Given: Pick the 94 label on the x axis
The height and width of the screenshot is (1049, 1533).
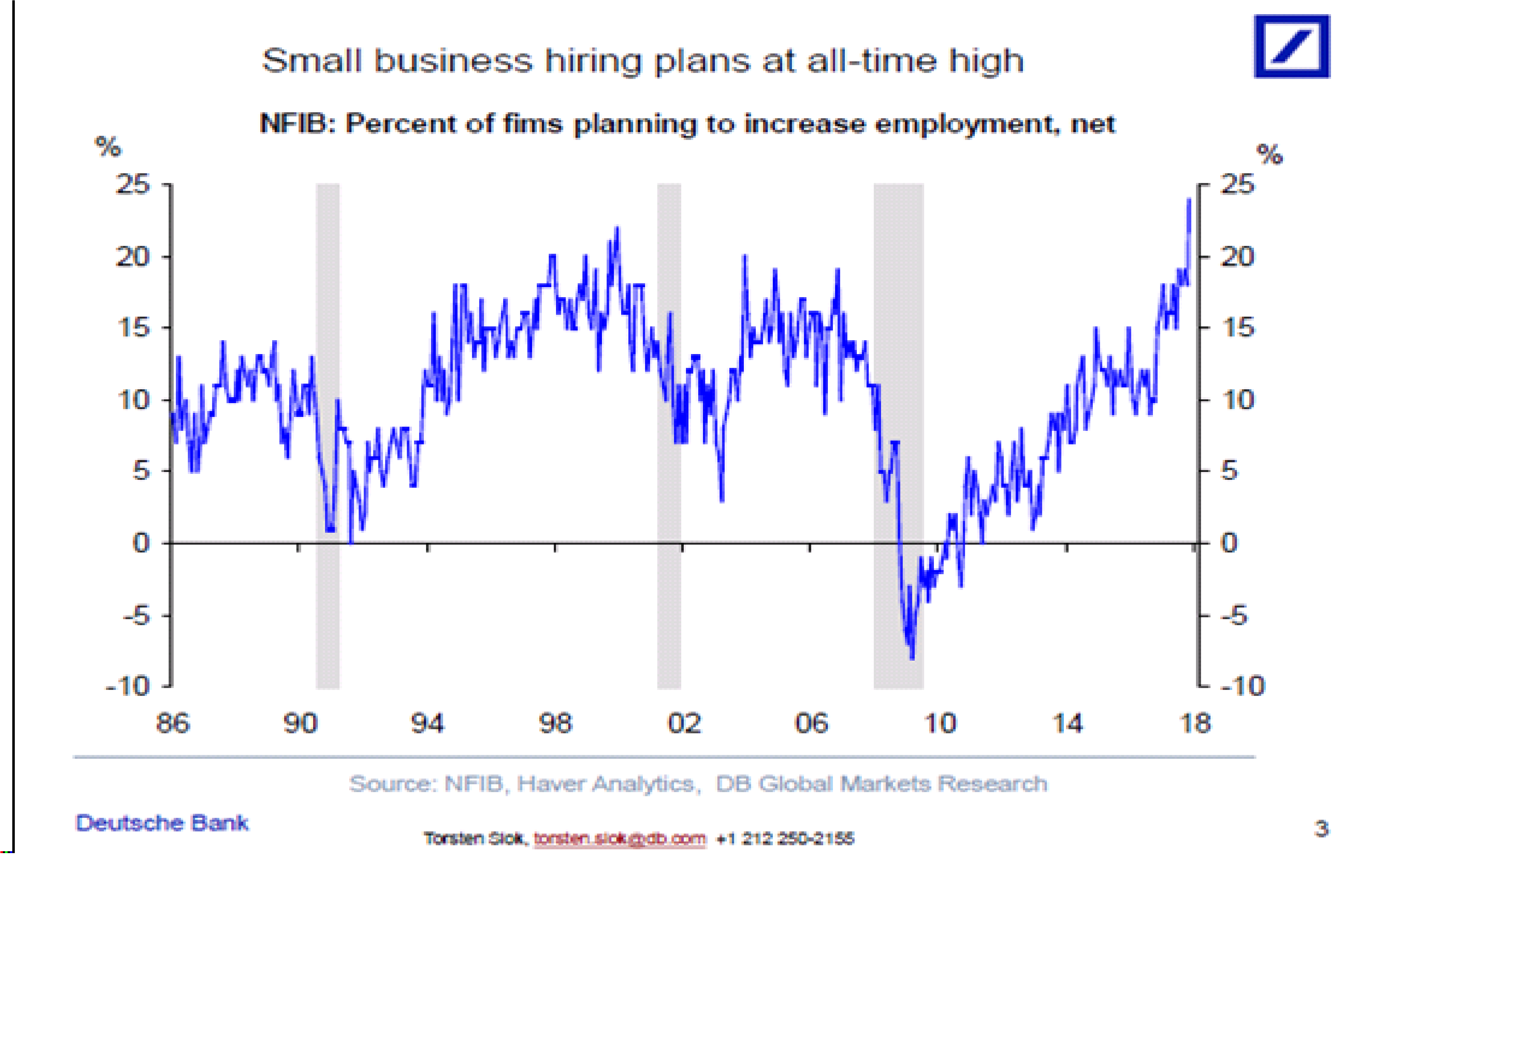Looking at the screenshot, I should pyautogui.click(x=427, y=723).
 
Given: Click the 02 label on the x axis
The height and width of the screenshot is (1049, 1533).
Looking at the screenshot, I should pyautogui.click(x=683, y=723).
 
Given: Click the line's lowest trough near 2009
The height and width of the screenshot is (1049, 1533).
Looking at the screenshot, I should pyautogui.click(x=912, y=658).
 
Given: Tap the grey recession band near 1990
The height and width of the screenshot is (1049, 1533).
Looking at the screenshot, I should pyautogui.click(x=328, y=435).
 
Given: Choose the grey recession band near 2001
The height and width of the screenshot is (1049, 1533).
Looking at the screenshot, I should pyautogui.click(x=669, y=435).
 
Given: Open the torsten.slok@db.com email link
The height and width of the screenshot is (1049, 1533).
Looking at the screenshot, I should pyautogui.click(x=620, y=839).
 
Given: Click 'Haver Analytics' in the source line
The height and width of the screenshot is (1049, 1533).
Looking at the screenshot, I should pyautogui.click(x=605, y=783).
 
